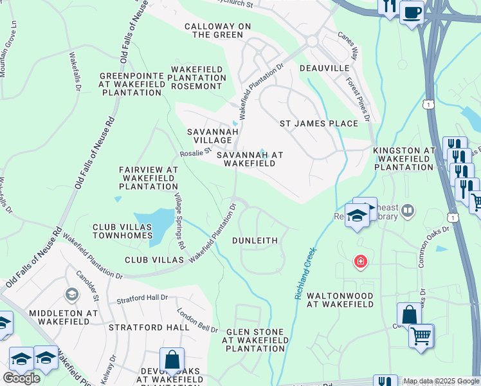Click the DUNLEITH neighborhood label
[255, 241]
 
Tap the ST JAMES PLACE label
[318, 124]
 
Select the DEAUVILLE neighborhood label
[324, 68]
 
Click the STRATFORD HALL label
[149, 327]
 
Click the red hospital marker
[361, 262]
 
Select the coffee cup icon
[412, 12]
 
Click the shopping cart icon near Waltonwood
[421, 335]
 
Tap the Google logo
[21, 378]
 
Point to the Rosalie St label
[195, 153]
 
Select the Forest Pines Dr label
[359, 100]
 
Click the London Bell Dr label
[198, 319]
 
